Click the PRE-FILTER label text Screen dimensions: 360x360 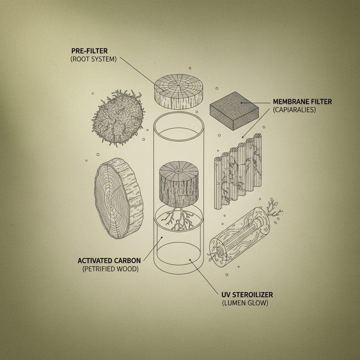click(x=89, y=51)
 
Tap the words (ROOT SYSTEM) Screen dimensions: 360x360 click(x=93, y=59)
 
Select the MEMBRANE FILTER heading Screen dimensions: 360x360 click(x=302, y=102)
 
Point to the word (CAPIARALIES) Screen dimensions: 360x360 click(x=294, y=110)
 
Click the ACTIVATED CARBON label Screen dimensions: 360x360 click(x=109, y=261)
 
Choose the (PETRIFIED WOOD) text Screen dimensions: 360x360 click(x=110, y=269)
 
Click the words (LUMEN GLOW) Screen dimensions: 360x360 click(x=245, y=303)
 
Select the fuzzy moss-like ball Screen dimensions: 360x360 click(x=118, y=118)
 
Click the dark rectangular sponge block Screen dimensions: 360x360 click(x=234, y=111)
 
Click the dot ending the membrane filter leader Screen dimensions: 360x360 click(x=242, y=103)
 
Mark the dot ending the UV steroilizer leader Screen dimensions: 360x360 click(x=190, y=260)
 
